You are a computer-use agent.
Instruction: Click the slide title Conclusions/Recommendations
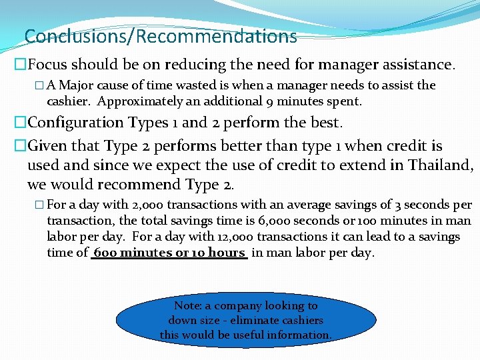160,35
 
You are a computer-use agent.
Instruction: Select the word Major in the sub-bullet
78,85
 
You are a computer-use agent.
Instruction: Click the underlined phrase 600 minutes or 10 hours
169,253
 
